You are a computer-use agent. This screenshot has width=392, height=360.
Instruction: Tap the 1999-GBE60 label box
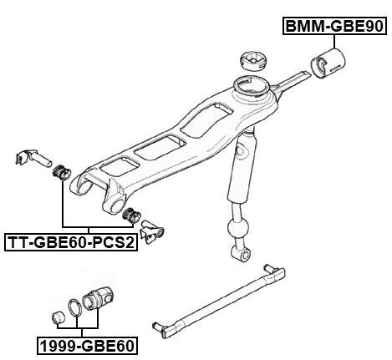(x=86, y=343)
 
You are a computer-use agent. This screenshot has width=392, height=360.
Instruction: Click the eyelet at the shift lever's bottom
(x=242, y=252)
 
